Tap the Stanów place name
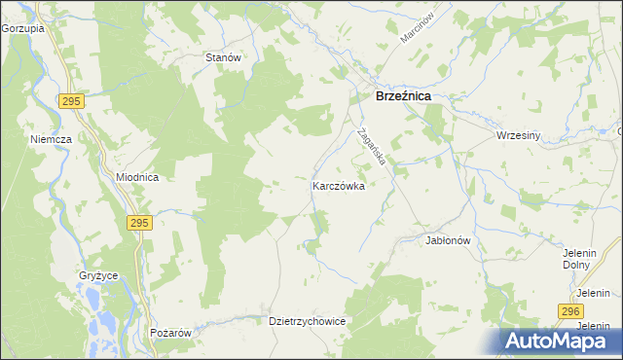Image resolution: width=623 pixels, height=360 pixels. click(223, 57)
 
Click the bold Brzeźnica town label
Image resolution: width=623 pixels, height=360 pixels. click(403, 97)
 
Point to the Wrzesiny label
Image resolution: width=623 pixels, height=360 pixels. click(517, 135)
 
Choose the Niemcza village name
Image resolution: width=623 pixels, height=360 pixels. click(50, 139)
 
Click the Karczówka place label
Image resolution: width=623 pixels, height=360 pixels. click(338, 185)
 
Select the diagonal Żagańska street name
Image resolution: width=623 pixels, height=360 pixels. click(372, 147)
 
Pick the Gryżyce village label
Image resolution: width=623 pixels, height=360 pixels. click(98, 275)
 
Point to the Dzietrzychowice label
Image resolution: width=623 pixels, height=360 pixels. click(307, 320)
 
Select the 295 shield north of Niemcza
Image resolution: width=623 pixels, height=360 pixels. click(69, 100)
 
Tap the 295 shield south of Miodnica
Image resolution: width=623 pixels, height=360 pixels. click(138, 223)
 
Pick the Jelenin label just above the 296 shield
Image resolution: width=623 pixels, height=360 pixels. click(592, 293)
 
